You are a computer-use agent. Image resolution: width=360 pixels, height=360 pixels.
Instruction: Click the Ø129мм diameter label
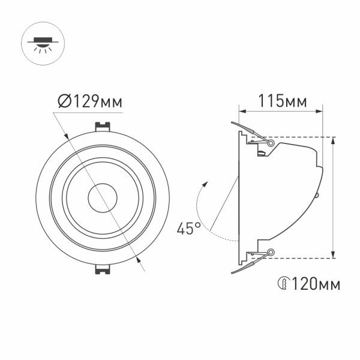tap(91, 103)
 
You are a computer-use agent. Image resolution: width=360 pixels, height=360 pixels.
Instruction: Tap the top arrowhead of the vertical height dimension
tap(334, 140)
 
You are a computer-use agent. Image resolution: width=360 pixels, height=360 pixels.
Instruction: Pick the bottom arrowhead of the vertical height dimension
tap(334, 256)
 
